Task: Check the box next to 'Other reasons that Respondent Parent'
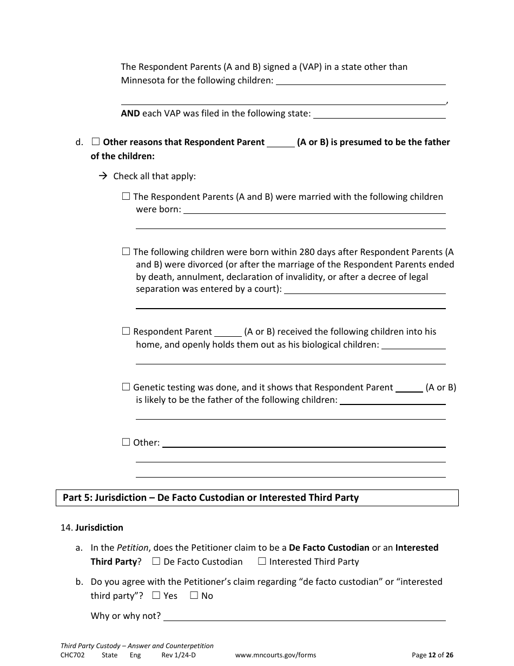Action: pyautogui.click(x=96, y=142)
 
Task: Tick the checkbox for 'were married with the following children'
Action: pyautogui.click(x=126, y=197)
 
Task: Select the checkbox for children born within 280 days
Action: pyautogui.click(x=126, y=252)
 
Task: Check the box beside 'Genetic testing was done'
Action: pyautogui.click(x=126, y=387)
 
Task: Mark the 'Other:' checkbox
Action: pyautogui.click(x=126, y=442)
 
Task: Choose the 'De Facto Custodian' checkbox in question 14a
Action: pyautogui.click(x=156, y=561)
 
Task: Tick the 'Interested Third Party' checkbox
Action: pyautogui.click(x=262, y=561)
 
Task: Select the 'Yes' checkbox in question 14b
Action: pyautogui.click(x=156, y=596)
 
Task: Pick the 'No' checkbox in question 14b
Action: pyautogui.click(x=194, y=596)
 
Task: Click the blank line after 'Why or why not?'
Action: pyautogui.click(x=304, y=616)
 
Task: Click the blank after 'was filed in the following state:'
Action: pyautogui.click(x=379, y=114)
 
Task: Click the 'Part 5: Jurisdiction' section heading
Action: pyautogui.click(x=210, y=498)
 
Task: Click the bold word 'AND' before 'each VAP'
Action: pyautogui.click(x=130, y=114)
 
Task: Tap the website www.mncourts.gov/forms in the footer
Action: pyautogui.click(x=275, y=655)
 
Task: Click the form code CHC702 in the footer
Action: pyautogui.click(x=73, y=655)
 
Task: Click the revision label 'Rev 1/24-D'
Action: pyautogui.click(x=178, y=655)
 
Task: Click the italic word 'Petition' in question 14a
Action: pyautogui.click(x=133, y=547)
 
